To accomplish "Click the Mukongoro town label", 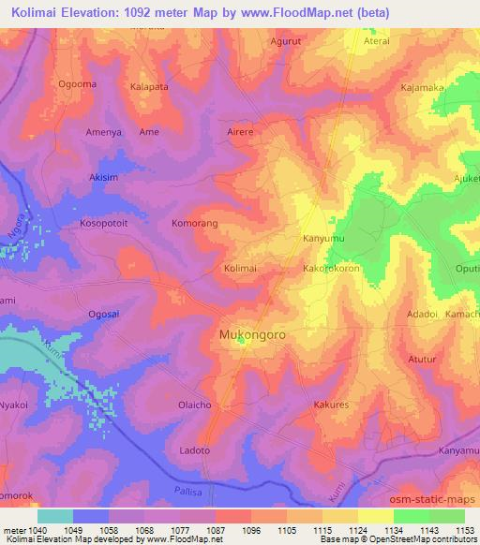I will point(252,333).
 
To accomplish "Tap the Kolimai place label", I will point(241,269).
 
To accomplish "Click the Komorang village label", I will point(195,225).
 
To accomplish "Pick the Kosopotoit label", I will point(109,225).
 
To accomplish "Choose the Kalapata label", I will point(149,85).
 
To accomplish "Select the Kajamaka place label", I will point(422,87).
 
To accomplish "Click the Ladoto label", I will point(194,451).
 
